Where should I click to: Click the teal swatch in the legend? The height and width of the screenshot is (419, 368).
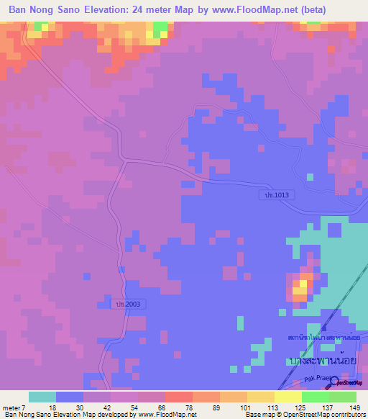[x=42, y=397]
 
